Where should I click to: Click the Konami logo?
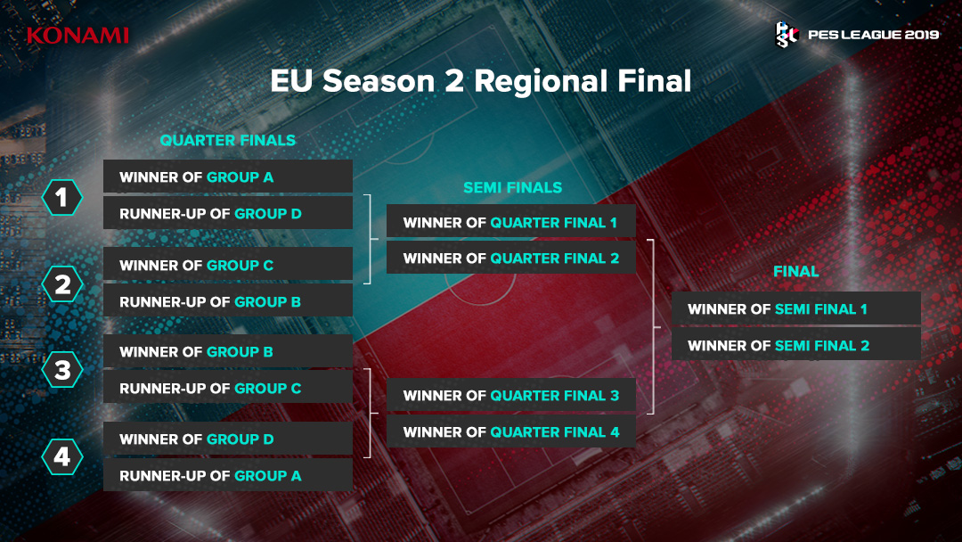(77, 36)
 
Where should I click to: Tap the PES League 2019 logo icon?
(786, 35)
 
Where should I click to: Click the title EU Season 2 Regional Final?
(481, 81)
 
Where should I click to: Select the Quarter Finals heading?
(228, 141)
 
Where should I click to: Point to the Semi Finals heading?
(513, 188)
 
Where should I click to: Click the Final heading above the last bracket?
(795, 271)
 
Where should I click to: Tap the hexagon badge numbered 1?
(62, 198)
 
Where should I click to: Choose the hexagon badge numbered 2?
(62, 284)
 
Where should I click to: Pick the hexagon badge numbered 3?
(62, 370)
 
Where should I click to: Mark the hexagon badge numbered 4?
(62, 457)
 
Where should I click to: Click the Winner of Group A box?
(228, 177)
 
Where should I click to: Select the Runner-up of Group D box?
(228, 213)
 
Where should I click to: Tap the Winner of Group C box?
(228, 265)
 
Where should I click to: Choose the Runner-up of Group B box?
(228, 300)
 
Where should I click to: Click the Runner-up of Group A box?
(228, 475)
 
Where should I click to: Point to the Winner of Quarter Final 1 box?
(511, 222)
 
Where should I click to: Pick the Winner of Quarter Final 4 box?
(511, 431)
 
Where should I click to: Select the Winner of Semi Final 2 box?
(796, 344)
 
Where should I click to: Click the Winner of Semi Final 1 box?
(796, 308)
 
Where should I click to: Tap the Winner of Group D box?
(228, 439)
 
